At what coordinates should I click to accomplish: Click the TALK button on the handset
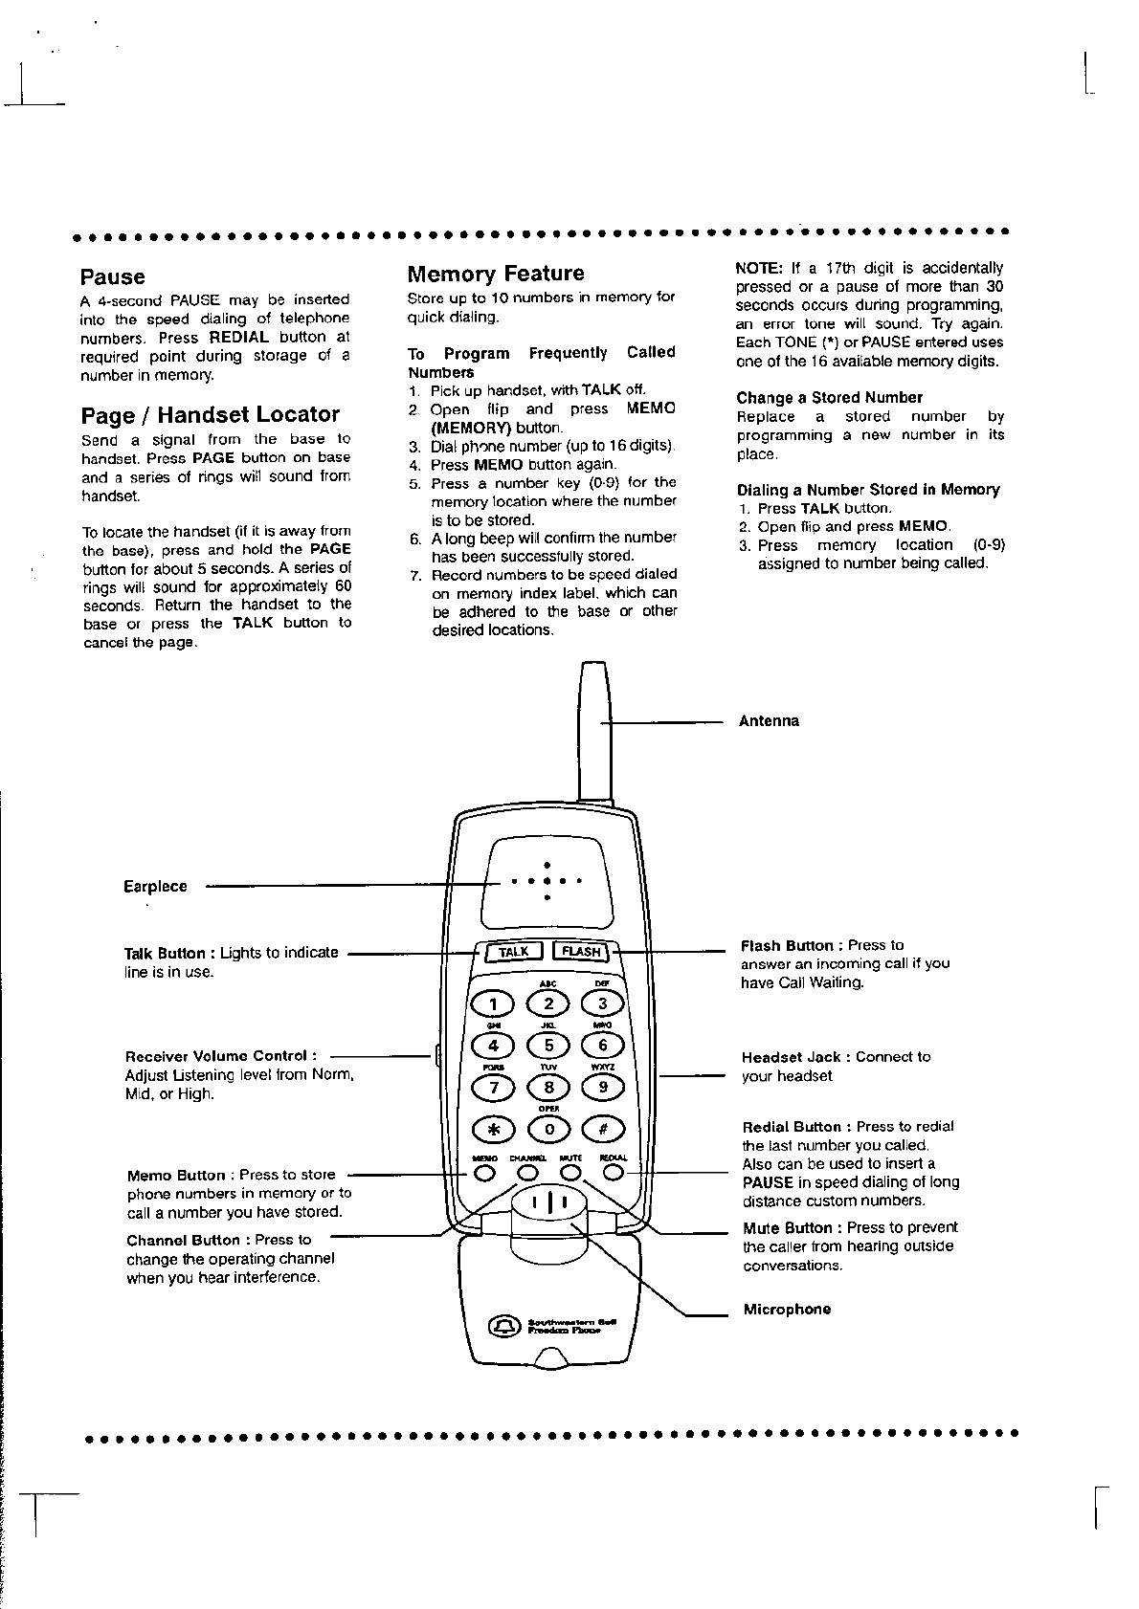pos(514,952)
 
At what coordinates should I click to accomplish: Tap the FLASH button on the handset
pos(581,952)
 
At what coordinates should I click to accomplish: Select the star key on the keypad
pos(494,1129)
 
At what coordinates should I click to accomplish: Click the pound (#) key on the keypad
pos(603,1129)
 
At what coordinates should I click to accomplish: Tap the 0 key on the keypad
pos(549,1129)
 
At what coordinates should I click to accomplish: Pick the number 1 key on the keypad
pos(494,1003)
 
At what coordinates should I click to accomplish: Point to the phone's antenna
pos(594,727)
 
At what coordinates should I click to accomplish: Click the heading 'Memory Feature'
pos(495,274)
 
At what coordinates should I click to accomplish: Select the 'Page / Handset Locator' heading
pos(210,414)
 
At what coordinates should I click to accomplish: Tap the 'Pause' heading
pos(112,277)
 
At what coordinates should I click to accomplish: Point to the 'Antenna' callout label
pos(769,721)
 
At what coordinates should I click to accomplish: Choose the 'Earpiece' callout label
pos(155,887)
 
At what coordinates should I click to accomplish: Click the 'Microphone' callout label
pos(787,1310)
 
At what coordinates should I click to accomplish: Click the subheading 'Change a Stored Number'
pos(829,398)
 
